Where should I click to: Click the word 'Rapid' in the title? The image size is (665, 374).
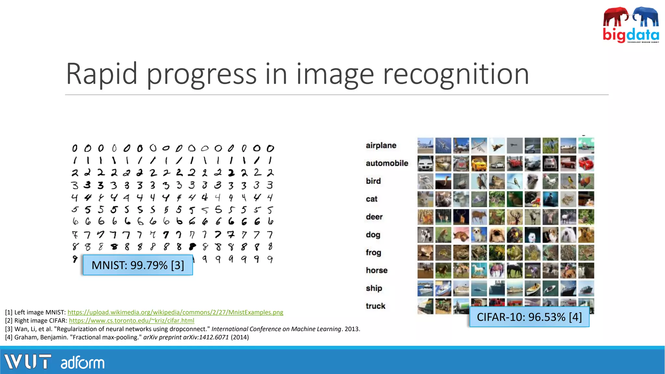click(101, 74)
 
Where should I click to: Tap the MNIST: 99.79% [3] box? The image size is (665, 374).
click(138, 265)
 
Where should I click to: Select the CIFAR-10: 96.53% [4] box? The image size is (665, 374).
click(529, 317)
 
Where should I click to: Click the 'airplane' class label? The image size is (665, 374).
click(381, 145)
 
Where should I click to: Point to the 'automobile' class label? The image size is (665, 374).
click(387, 163)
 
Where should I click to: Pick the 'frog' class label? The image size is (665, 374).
click(373, 253)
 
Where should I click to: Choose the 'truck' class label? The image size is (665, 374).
click(375, 306)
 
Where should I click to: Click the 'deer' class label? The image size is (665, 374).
click(374, 217)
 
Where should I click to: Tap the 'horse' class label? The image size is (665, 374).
click(377, 270)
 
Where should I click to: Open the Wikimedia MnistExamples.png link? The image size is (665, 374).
click(175, 312)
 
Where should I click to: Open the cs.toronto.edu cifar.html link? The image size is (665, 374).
click(132, 321)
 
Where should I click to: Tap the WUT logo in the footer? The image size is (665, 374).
click(28, 362)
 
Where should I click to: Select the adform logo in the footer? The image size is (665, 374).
click(82, 363)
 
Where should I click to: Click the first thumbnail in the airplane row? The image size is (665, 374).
click(425, 145)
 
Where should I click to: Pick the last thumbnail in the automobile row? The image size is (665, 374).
click(586, 163)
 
